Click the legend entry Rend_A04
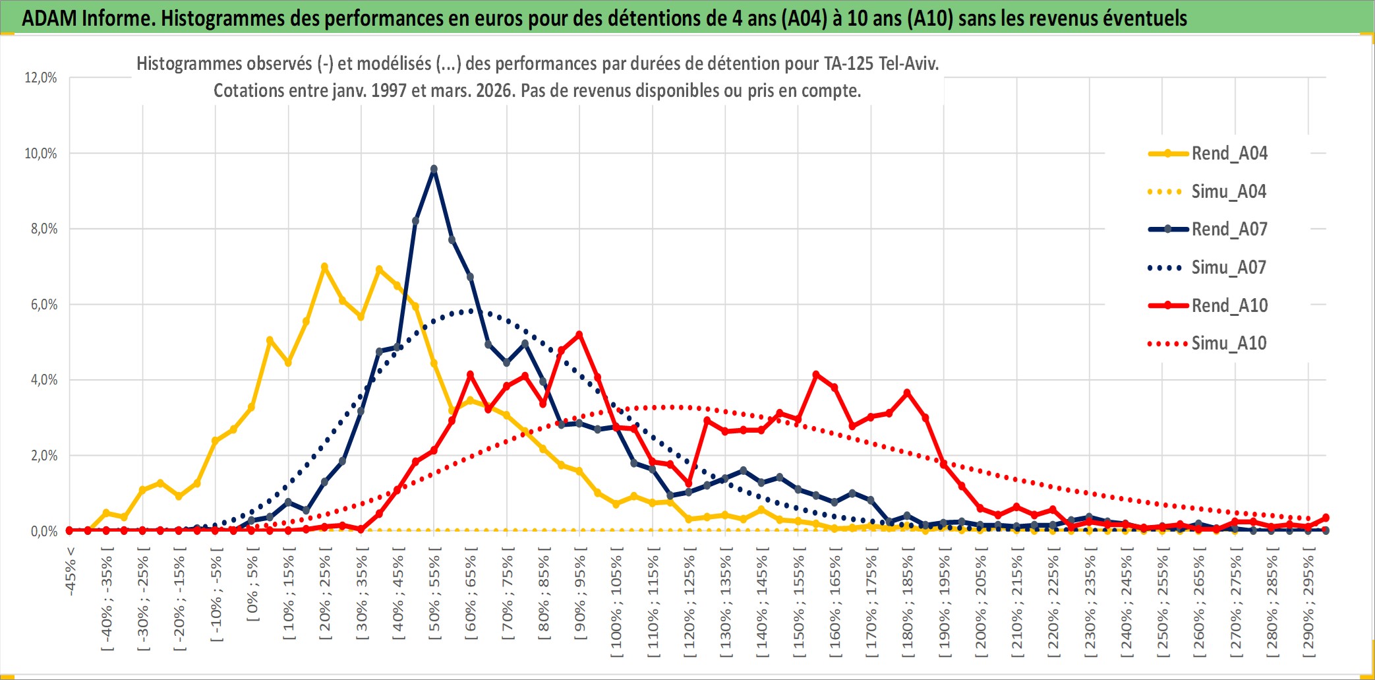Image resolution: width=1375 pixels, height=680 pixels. pyautogui.click(x=1229, y=154)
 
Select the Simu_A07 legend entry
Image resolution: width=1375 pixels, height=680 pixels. pyautogui.click(x=1229, y=268)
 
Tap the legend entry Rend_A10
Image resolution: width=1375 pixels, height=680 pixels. pyautogui.click(x=1229, y=306)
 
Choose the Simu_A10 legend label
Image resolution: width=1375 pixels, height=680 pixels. pyautogui.click(x=1229, y=344)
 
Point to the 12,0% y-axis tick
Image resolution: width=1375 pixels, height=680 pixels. pyautogui.click(x=41, y=78)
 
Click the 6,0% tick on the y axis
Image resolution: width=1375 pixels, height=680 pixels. pyautogui.click(x=41, y=305)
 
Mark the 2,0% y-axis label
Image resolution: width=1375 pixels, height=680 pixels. pyautogui.click(x=41, y=456)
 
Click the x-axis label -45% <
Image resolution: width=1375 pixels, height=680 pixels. pyautogui.click(x=71, y=571)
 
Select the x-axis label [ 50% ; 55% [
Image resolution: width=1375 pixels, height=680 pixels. pyautogui.click(x=434, y=597)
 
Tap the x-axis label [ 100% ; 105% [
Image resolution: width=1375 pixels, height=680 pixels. pyautogui.click(x=616, y=606)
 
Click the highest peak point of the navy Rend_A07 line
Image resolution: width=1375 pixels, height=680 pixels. pyautogui.click(x=434, y=170)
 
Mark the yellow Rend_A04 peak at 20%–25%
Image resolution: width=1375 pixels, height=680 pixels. pyautogui.click(x=324, y=267)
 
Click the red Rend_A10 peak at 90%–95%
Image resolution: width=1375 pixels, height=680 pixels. pyautogui.click(x=579, y=335)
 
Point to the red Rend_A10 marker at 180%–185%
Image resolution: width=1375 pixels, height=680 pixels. pyautogui.click(x=907, y=393)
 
